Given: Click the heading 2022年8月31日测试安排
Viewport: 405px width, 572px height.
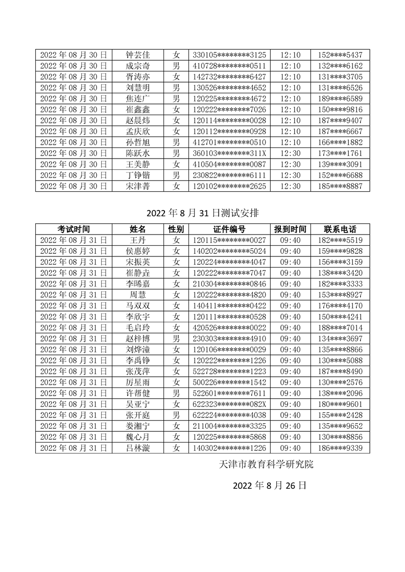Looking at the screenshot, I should pos(202,213).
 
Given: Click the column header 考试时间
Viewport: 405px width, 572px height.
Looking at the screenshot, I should pos(74,229).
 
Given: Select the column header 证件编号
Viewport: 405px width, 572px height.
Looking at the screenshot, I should pos(229,229).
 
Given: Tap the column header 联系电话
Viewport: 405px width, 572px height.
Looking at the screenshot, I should pos(340,229).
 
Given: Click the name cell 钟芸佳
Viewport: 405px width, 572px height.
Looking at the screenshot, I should pos(137,55).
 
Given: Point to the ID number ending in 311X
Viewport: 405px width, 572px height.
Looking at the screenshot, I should pos(229,153).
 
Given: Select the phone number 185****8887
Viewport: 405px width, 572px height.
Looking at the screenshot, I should pos(340,186).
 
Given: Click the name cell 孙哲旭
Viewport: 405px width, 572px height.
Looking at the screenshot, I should pos(137,142).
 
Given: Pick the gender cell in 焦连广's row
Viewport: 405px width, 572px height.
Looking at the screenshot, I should pos(176,98).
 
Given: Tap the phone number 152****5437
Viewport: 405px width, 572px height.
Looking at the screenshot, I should pos(340,55).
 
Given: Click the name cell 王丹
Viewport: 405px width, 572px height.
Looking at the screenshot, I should pos(137,240).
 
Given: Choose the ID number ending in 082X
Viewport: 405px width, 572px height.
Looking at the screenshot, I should pos(229,404).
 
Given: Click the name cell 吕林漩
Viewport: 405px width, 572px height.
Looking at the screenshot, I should pos(137,448).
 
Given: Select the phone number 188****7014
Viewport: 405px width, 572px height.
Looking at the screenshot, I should pos(340,328).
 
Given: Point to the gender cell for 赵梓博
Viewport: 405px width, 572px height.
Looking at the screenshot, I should pos(176,339).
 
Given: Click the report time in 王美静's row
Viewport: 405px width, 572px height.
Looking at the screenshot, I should pos(291,164).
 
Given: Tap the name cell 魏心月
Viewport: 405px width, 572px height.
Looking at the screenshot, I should pos(137,437).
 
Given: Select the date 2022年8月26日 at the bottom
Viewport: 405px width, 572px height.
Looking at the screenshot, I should pos(269,485).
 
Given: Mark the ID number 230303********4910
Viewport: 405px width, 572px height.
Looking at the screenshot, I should pos(229,339).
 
